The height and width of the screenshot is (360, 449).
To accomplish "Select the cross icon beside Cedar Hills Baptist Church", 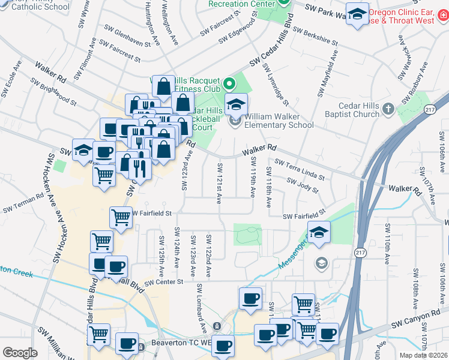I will point(388,109).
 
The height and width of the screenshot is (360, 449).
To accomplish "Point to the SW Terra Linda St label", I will point(300,169).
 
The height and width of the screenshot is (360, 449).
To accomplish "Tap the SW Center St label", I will point(163,281).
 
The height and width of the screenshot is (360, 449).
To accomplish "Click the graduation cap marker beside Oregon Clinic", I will point(357,15).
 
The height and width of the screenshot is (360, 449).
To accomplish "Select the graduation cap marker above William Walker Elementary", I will point(236,104).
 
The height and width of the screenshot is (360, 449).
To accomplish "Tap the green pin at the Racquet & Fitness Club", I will point(228,83).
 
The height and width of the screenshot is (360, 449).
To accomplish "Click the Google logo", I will point(20,353).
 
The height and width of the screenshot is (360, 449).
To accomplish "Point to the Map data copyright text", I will point(424,355).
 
